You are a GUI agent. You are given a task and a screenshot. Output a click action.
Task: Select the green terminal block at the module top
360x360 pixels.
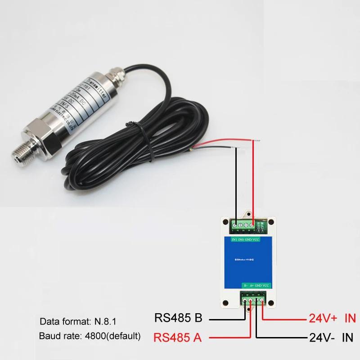click(x=246, y=225)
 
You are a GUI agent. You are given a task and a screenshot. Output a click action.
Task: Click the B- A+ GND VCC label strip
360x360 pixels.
click(x=256, y=285)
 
